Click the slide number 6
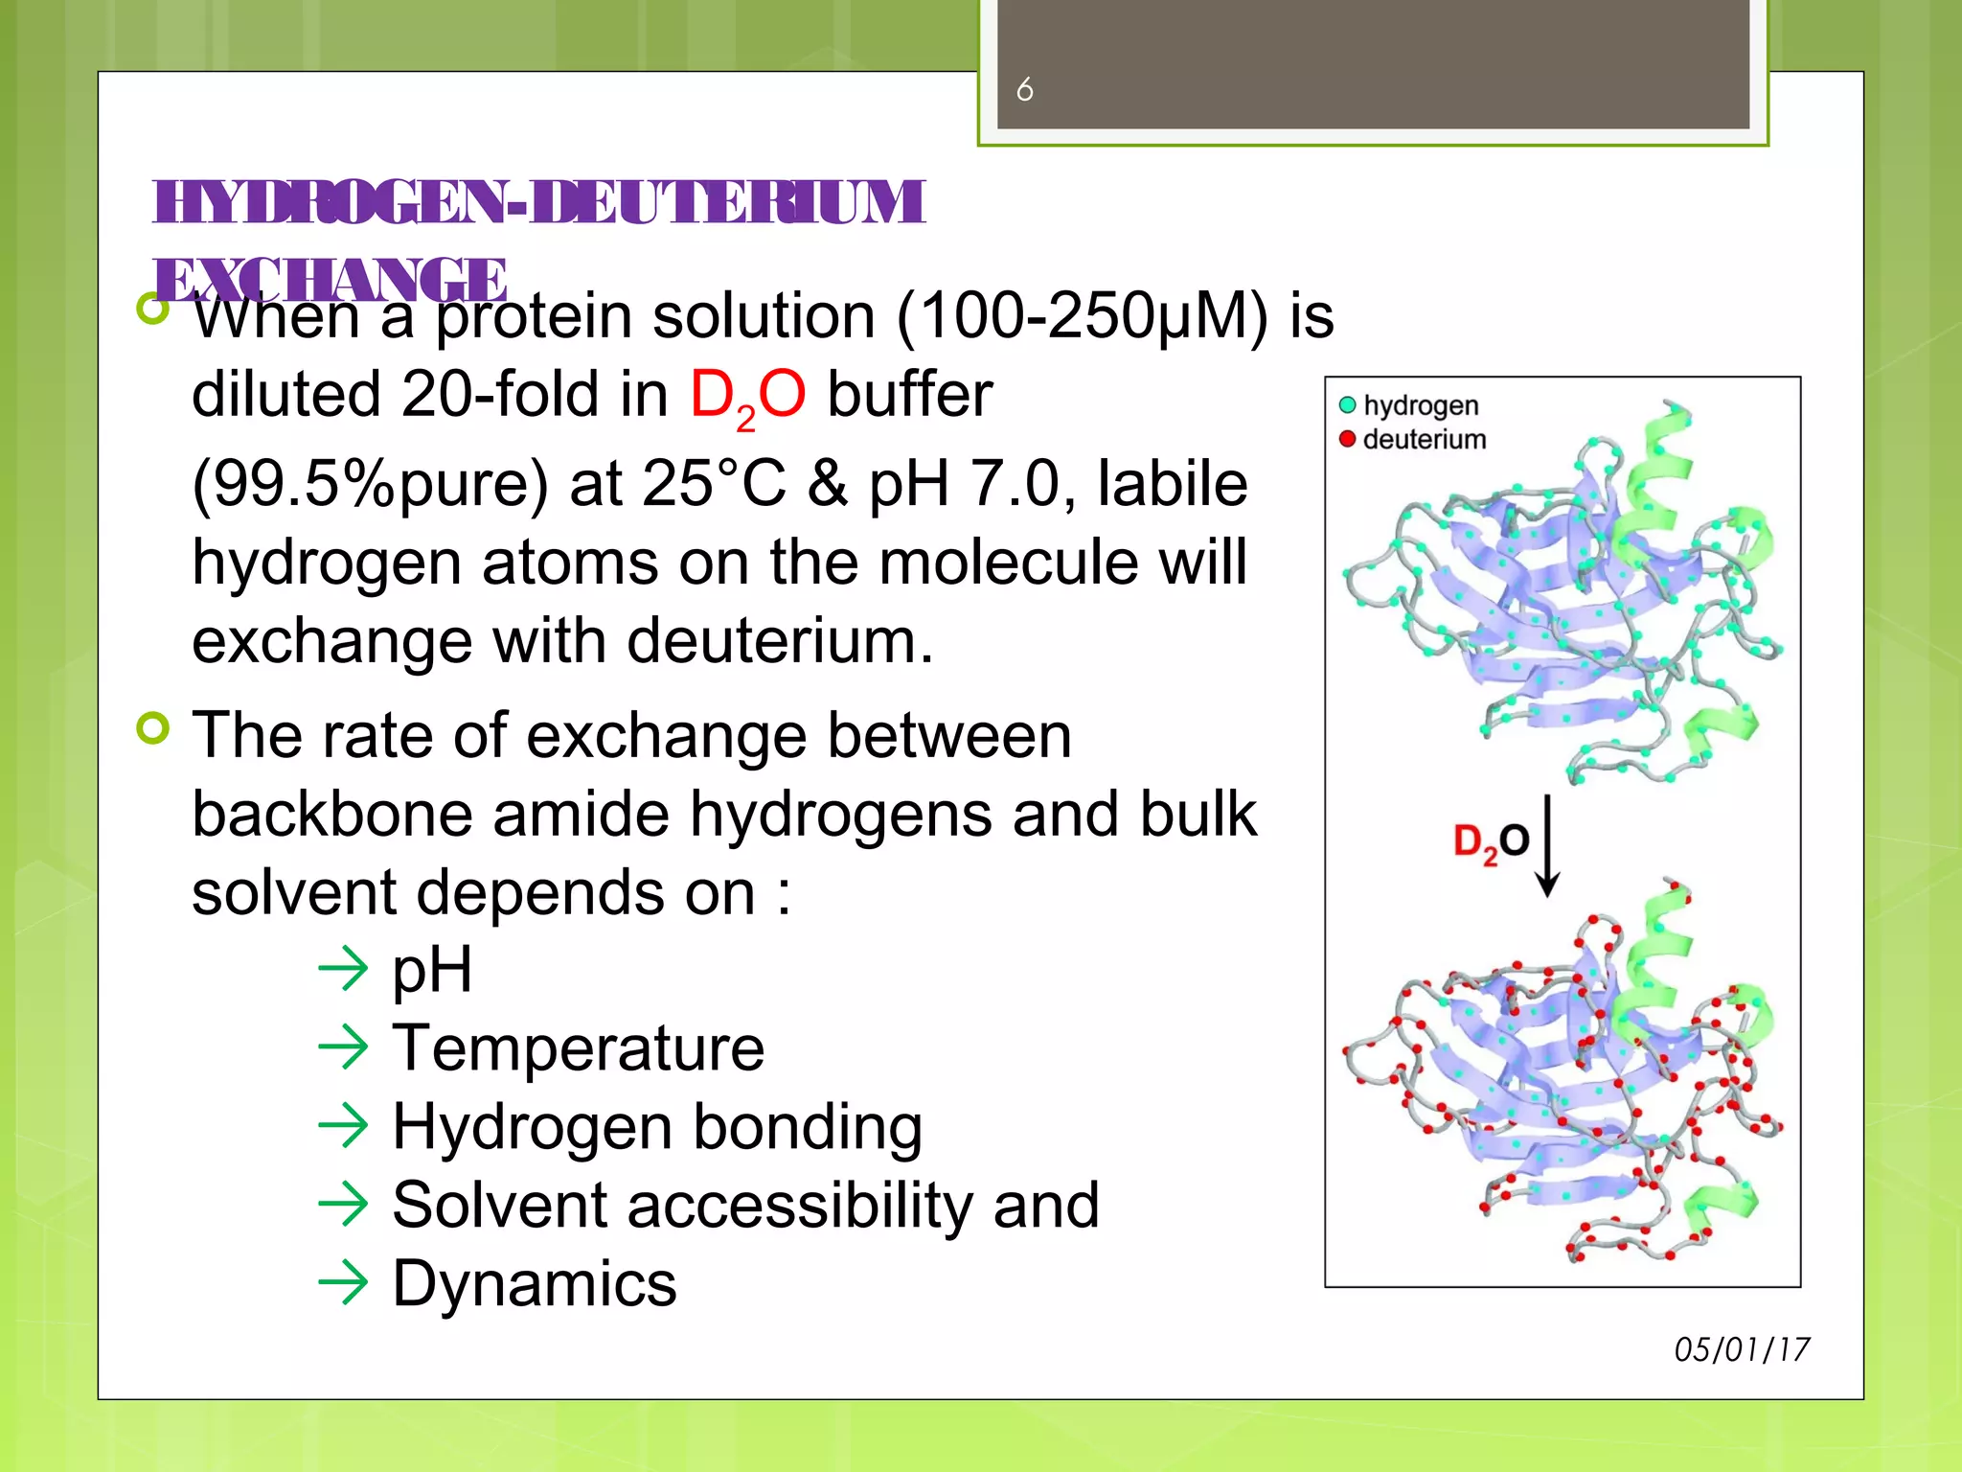(1024, 90)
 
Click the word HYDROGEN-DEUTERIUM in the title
(538, 202)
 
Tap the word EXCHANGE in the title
(331, 279)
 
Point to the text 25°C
(714, 483)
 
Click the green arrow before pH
(343, 969)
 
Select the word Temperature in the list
(579, 1047)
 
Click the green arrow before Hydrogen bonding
(343, 1126)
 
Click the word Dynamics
(535, 1283)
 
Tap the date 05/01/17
(1741, 1349)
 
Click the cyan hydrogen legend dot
(1347, 405)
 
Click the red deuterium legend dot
(1347, 439)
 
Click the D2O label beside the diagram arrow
(1491, 842)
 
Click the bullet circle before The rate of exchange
(153, 728)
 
